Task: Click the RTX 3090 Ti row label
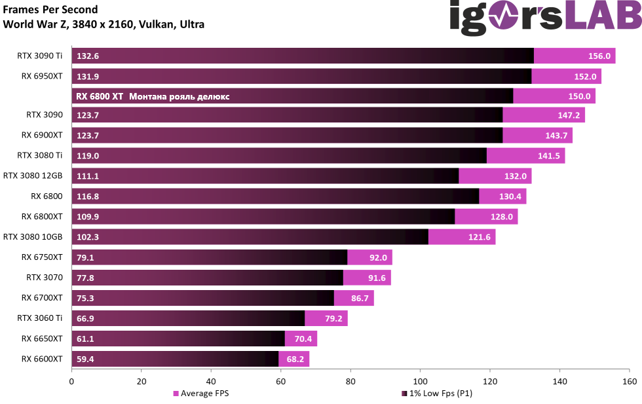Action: tap(39, 56)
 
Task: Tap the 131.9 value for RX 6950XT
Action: tap(87, 77)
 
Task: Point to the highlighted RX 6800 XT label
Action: tap(100, 96)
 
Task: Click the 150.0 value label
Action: tap(580, 97)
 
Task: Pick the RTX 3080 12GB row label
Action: tap(33, 175)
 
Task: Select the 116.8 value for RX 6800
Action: tap(87, 196)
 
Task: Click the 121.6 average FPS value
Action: tap(480, 237)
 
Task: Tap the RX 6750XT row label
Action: tap(42, 257)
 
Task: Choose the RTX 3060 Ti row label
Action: tap(39, 318)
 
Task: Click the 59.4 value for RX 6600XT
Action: tap(85, 359)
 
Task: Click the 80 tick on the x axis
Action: tap(350, 380)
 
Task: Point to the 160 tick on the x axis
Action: tap(629, 380)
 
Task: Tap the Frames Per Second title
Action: tap(50, 10)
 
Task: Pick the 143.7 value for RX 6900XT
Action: tap(557, 136)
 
